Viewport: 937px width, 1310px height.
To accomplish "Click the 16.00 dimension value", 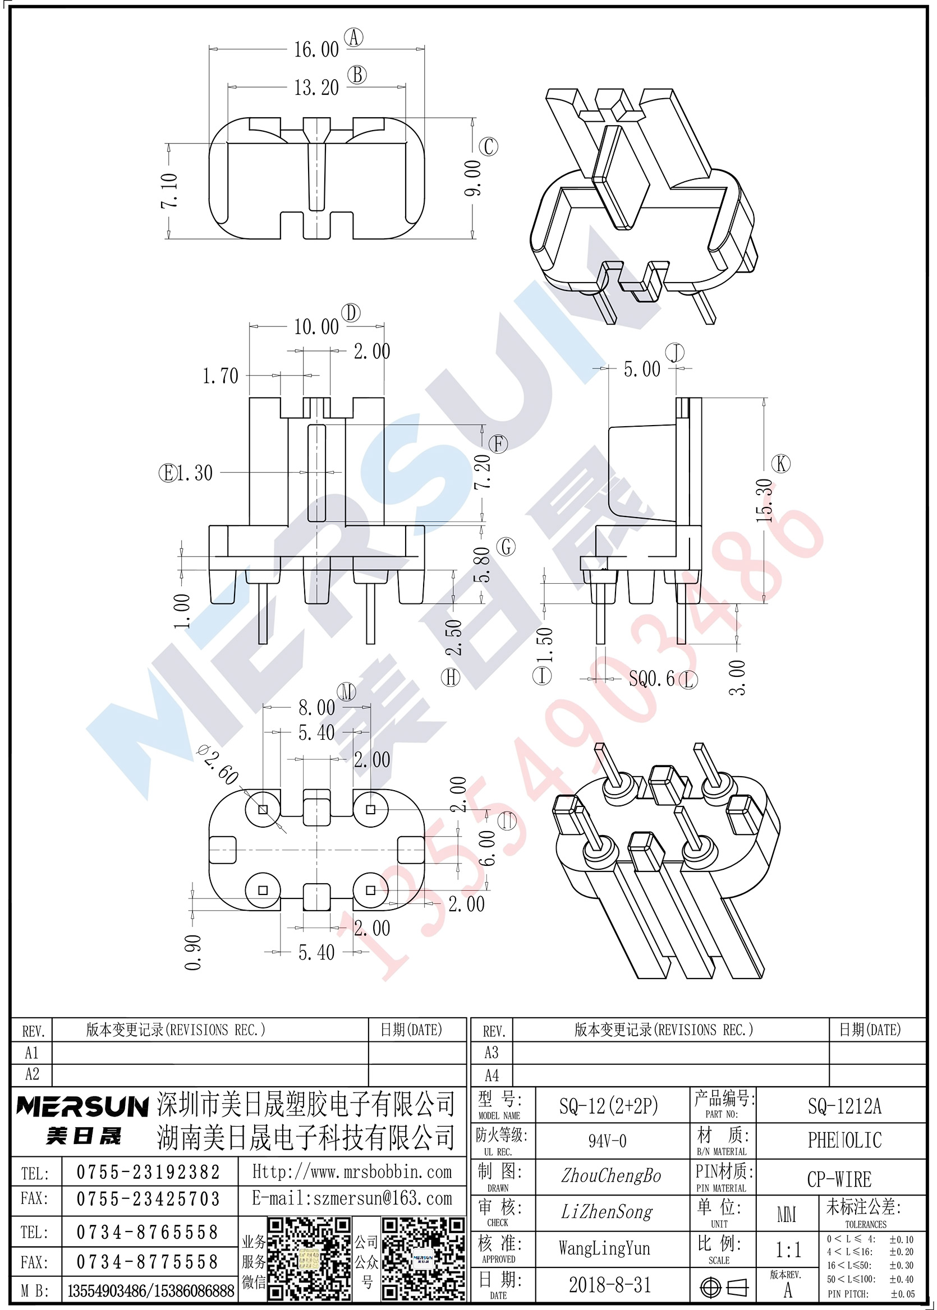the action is [x=316, y=49].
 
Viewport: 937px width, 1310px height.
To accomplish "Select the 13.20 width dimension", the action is [x=316, y=87].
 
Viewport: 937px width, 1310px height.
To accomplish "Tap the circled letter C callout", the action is [x=488, y=146].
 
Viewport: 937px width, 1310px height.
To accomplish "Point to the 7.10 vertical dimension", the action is [x=169, y=190].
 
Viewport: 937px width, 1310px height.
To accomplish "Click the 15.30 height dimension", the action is [x=765, y=500].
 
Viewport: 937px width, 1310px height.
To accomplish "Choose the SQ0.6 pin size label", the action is [x=651, y=679].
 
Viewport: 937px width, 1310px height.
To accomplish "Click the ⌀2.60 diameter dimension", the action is [x=218, y=765].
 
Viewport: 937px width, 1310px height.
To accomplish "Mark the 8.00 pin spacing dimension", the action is [x=316, y=708].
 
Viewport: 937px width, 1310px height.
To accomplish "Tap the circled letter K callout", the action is [x=781, y=464].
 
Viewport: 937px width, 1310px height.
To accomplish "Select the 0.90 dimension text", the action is [x=193, y=953].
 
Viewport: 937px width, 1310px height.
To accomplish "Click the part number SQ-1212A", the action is [x=844, y=1106].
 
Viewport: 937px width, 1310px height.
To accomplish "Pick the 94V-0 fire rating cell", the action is [x=607, y=1141].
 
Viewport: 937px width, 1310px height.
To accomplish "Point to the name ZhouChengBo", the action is [x=611, y=1175].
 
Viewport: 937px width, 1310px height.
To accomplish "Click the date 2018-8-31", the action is [x=610, y=1285].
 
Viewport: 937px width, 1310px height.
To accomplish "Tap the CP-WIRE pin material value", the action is [x=839, y=1179].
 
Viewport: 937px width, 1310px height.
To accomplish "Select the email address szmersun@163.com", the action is [x=383, y=1199].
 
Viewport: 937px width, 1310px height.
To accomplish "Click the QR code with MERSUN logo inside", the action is [x=423, y=1257].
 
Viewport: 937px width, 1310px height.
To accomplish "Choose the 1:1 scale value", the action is [x=788, y=1249].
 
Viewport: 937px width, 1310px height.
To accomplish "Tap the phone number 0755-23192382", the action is [x=148, y=1172].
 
